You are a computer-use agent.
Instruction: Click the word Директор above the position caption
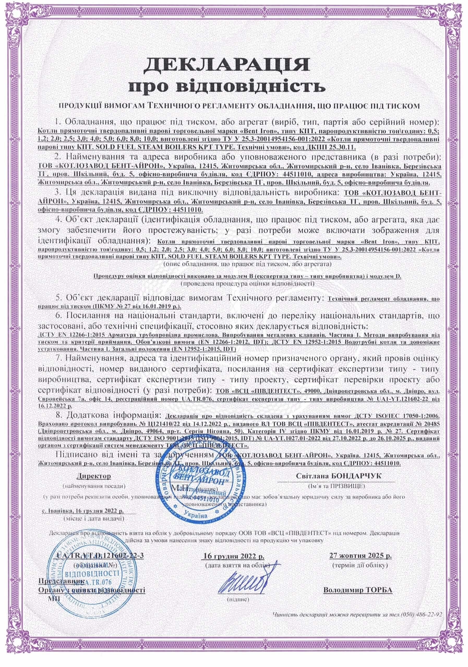pos(94,476)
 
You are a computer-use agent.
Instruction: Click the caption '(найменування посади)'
pos(94,485)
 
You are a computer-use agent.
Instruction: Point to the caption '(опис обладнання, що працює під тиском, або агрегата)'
pos(247,264)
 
